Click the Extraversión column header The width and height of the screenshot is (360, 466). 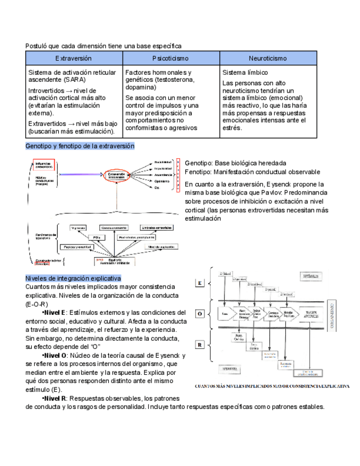pos(73,58)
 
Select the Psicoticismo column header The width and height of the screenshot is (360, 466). pos(170,58)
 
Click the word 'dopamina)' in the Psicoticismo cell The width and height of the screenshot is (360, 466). pos(141,87)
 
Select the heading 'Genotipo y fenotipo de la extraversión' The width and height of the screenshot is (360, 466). pos(80,146)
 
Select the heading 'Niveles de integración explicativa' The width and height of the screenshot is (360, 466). pos(73,278)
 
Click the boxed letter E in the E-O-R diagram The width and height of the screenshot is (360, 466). pos(201,282)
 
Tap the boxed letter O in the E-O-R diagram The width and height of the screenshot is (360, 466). pos(201,314)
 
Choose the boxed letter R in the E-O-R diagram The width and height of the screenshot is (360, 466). pos(201,345)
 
